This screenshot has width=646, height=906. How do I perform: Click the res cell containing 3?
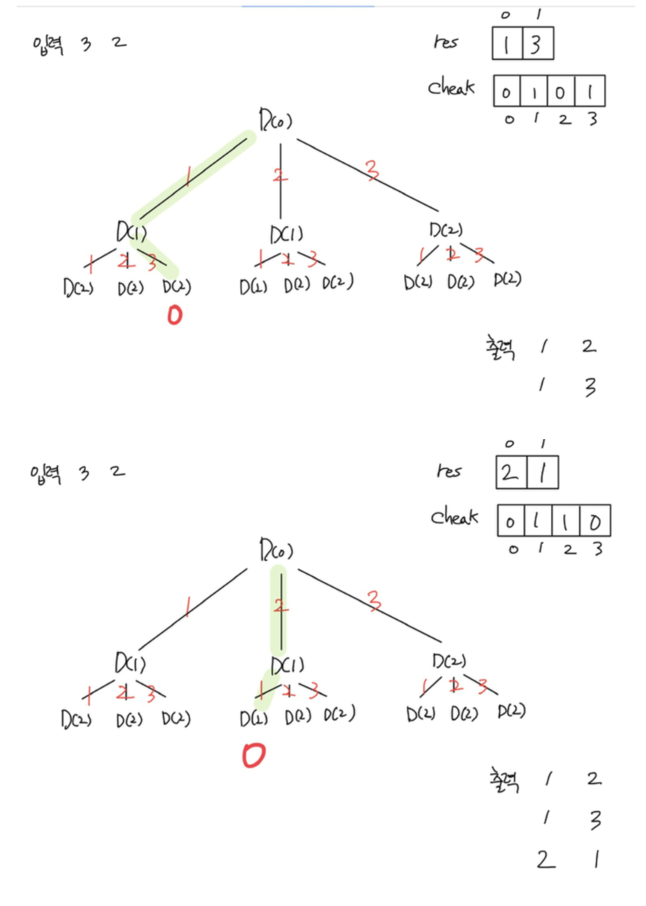point(538,43)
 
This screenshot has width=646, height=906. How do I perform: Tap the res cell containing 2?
point(511,473)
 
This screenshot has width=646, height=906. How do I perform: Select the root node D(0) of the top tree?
point(275,120)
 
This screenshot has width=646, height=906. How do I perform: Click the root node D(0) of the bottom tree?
point(275,550)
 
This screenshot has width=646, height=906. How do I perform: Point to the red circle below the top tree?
point(174,315)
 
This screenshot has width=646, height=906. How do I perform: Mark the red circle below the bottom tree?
point(253,755)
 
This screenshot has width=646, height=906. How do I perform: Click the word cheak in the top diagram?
point(451,88)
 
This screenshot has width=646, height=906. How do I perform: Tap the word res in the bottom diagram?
point(449,470)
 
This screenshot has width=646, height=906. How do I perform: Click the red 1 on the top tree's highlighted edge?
point(188,176)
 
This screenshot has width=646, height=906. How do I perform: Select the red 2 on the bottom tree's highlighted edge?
point(279,606)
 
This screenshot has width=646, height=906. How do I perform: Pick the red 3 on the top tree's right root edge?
point(373,170)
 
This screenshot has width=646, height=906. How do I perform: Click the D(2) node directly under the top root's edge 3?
point(446,230)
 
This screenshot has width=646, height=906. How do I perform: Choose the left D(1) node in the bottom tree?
point(131,664)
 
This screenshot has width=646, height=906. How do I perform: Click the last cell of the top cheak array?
point(590,91)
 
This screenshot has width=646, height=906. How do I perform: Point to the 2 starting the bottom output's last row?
point(546,860)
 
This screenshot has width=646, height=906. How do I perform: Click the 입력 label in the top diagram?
point(48,45)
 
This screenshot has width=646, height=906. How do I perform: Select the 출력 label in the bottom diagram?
point(504,780)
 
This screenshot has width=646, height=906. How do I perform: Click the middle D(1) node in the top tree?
point(286,234)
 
